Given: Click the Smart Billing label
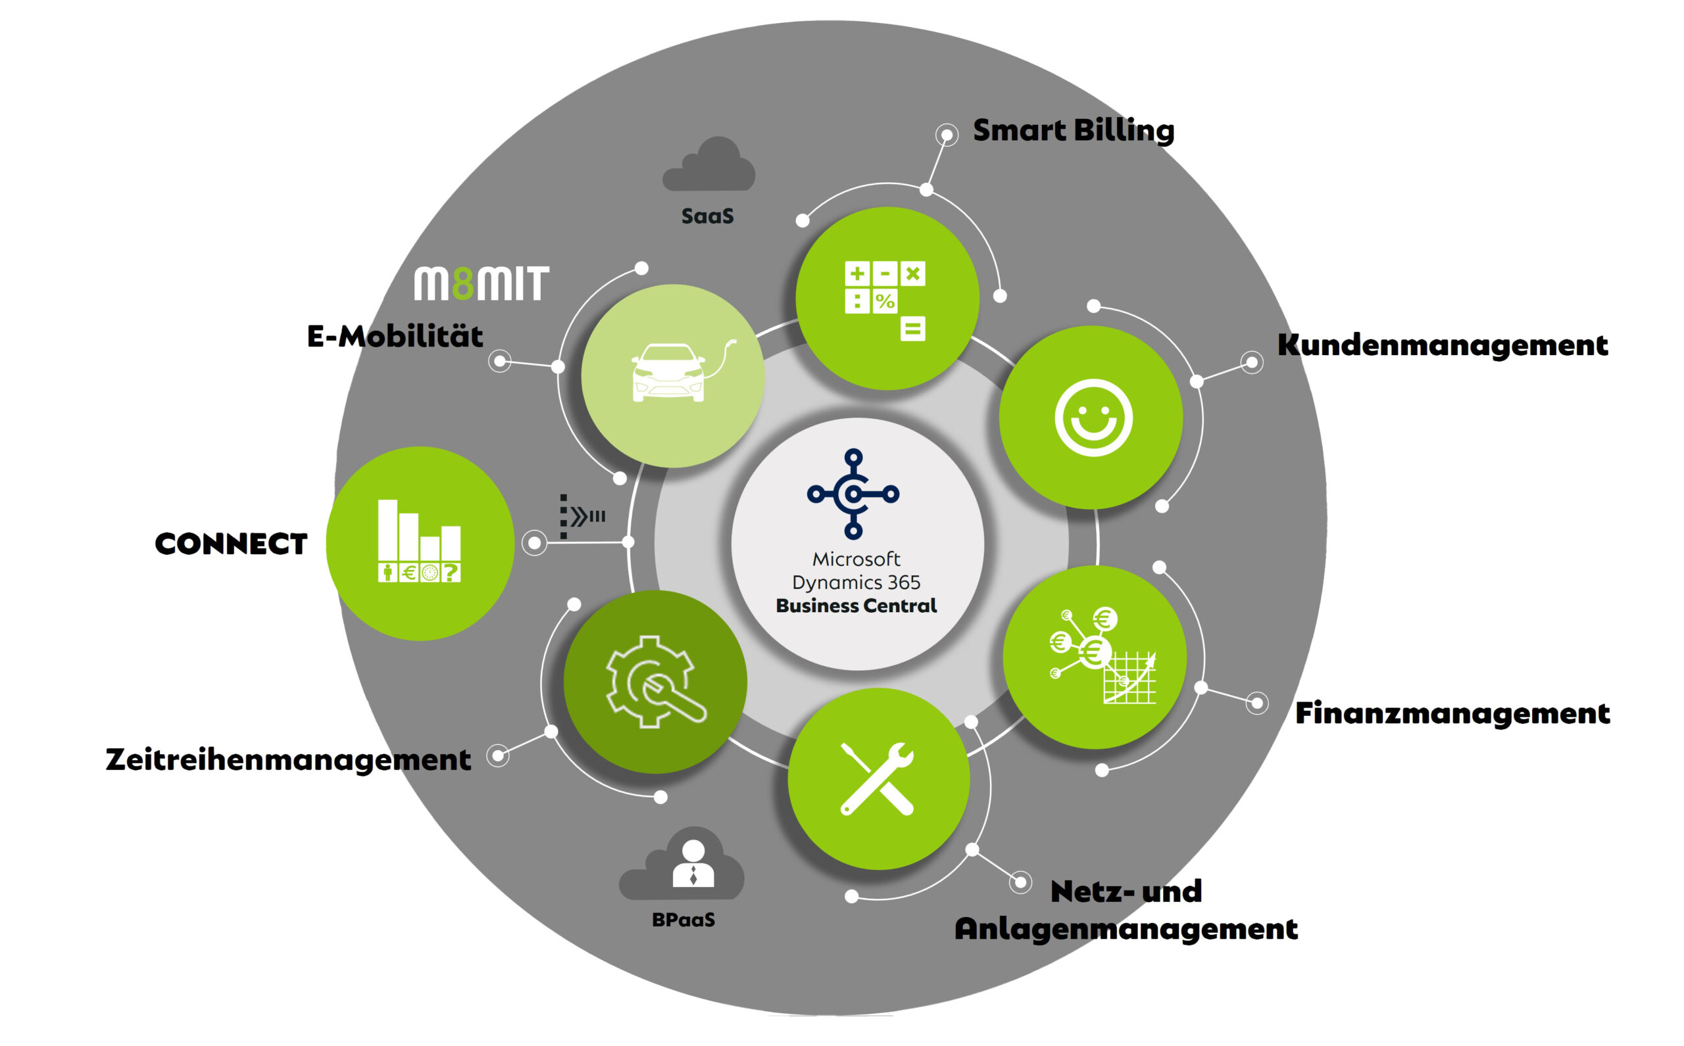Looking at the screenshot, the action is pos(1074,130).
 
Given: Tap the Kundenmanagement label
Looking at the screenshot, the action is pos(1443,345).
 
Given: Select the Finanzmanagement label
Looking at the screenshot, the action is pos(1452,713).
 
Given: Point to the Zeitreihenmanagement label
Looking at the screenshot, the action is pos(288,759).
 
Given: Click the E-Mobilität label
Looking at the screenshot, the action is pos(395,336).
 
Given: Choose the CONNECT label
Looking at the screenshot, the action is pos(231,544).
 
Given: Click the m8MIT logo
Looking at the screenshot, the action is pos(481,283).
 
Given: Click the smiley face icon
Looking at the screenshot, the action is pos(1093,417).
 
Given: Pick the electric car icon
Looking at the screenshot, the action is pos(683,371).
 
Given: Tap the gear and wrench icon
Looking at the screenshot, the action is pos(655,681).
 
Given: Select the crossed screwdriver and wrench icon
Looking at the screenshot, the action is pos(877,778).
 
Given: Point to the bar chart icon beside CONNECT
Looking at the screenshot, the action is pos(420,540).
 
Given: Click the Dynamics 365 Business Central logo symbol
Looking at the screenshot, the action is pos(853,493).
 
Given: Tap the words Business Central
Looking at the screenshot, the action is pos(856,606).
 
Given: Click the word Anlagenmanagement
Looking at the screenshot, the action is pos(1126,929).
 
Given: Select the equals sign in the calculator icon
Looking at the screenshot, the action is pos(912,329).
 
